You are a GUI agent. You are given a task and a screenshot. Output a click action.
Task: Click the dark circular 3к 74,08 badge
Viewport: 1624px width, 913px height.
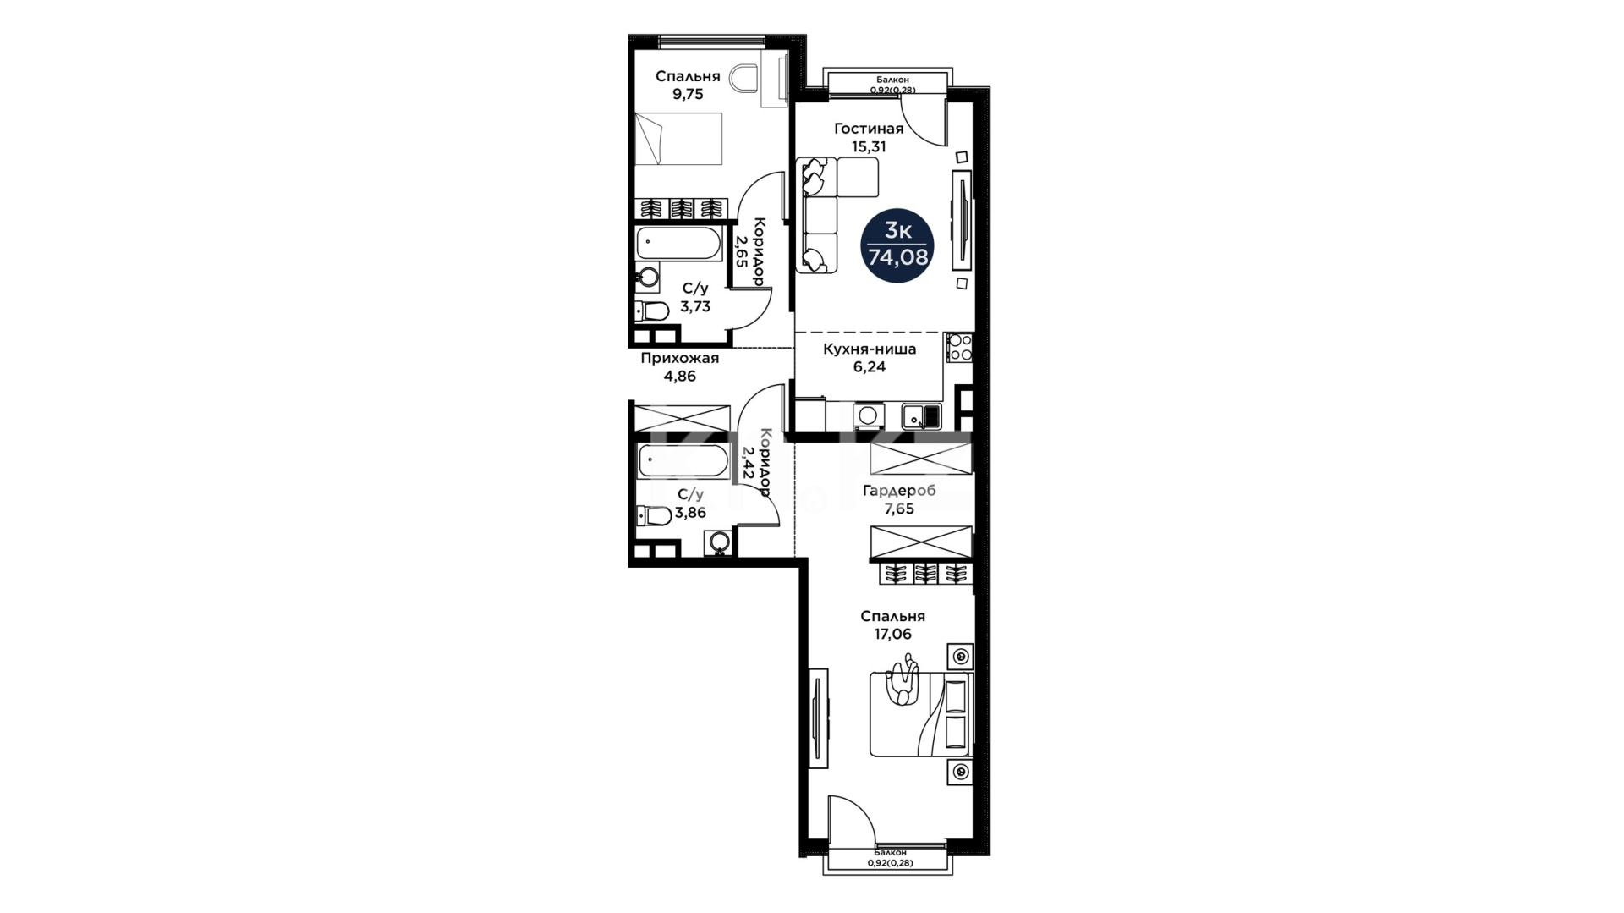(x=897, y=245)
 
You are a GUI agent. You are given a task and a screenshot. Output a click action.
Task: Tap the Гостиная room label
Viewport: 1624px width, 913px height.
(x=869, y=129)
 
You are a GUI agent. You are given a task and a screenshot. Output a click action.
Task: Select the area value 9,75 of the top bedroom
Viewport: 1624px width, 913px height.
(x=688, y=94)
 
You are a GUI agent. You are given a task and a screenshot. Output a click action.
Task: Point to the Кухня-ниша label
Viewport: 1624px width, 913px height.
(x=870, y=349)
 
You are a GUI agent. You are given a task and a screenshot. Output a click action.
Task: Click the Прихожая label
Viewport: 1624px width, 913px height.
(x=679, y=358)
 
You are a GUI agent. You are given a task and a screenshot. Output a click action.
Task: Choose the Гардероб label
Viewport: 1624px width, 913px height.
(x=899, y=491)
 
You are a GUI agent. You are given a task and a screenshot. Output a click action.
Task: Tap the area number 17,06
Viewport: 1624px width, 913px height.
(x=892, y=634)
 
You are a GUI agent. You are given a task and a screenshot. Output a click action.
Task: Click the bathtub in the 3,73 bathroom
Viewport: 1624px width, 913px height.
(x=678, y=244)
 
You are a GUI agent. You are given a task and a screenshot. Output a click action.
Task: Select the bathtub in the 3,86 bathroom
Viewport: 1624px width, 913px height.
(x=682, y=462)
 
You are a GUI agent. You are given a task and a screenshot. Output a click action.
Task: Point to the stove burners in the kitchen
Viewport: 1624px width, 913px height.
(x=959, y=348)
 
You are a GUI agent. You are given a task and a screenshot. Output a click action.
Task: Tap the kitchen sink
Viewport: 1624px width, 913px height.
(x=921, y=416)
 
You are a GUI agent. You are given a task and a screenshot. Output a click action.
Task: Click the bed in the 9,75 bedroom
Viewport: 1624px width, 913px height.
(x=678, y=139)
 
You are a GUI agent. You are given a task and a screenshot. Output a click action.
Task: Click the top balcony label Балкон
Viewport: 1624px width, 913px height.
(x=892, y=80)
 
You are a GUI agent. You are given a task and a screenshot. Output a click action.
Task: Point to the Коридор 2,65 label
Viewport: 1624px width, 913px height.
(x=750, y=251)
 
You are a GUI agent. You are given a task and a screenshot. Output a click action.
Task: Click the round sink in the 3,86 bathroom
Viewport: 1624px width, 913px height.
(x=720, y=542)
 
